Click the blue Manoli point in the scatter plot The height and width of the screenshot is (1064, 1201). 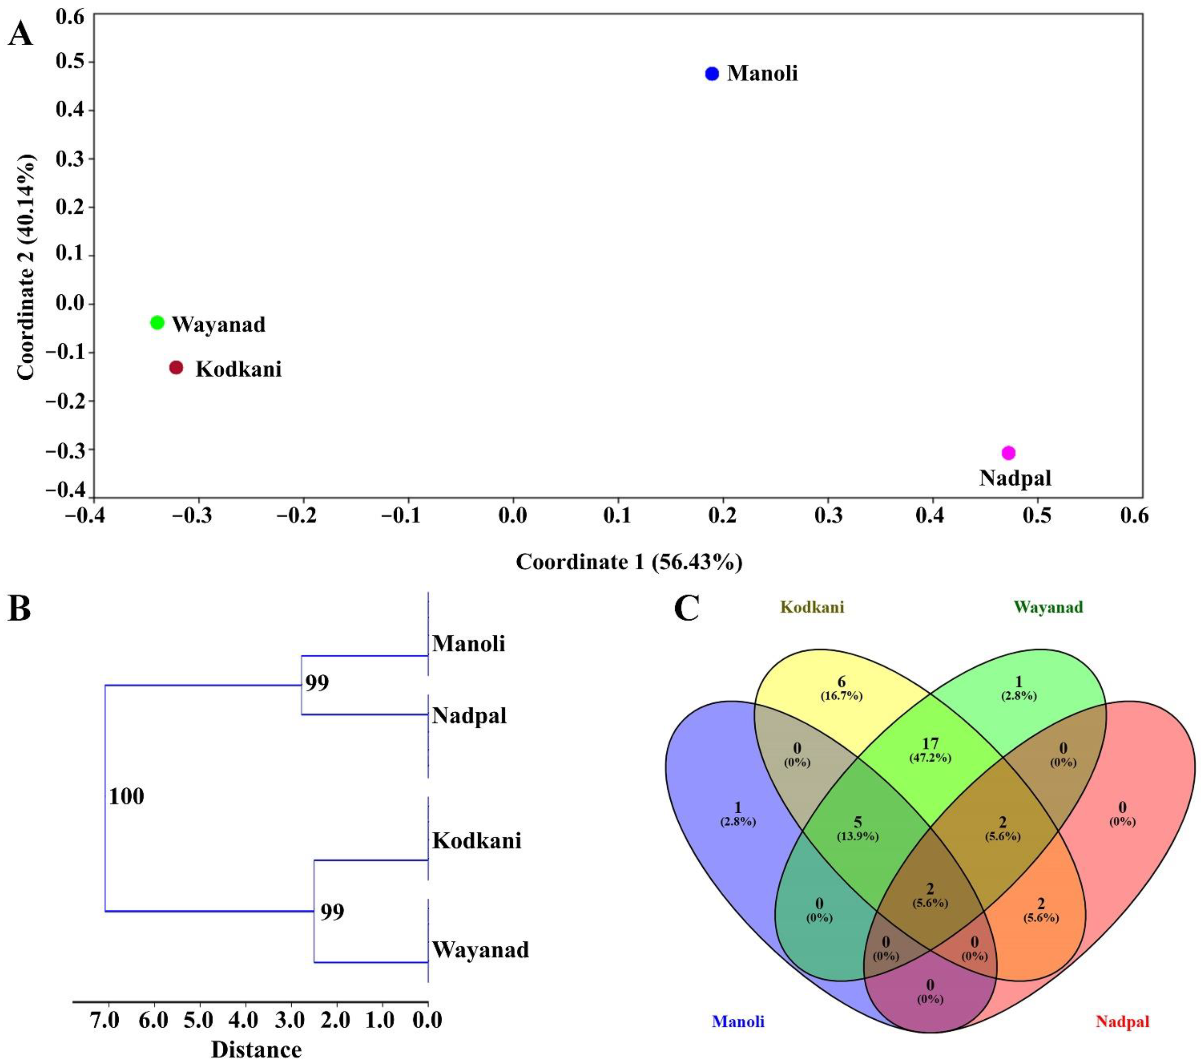(712, 73)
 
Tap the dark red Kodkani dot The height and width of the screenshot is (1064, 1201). (176, 367)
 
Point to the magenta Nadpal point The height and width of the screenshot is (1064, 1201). (1008, 453)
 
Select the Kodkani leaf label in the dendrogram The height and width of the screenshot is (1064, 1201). (477, 841)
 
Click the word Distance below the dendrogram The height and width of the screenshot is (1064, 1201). (256, 1049)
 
